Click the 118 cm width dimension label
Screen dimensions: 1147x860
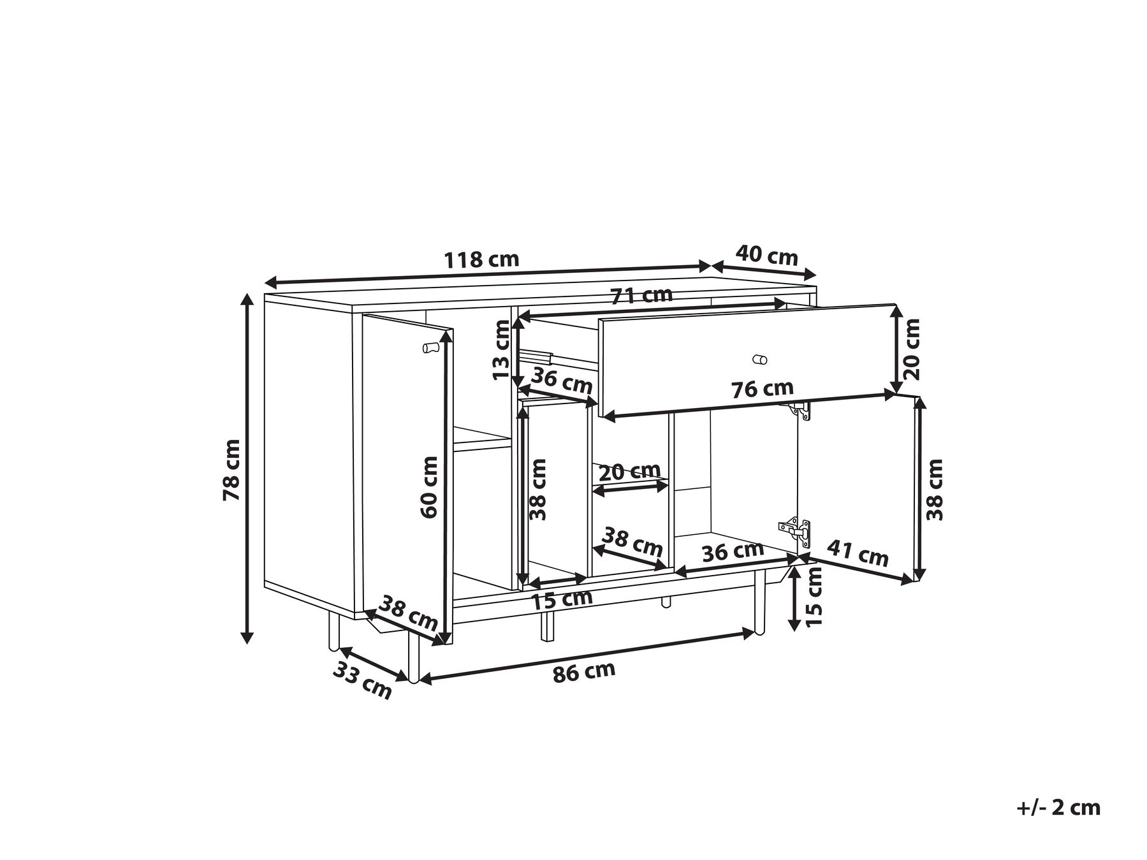tap(481, 259)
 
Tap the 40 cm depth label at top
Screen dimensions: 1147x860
tap(766, 256)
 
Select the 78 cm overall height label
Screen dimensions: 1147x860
tap(231, 470)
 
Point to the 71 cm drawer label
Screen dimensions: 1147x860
tap(641, 296)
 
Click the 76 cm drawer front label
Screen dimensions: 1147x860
tap(763, 389)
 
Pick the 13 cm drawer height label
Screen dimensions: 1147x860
tap(502, 350)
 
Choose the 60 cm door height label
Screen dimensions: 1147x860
tap(429, 487)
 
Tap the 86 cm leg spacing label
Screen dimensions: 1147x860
tap(584, 672)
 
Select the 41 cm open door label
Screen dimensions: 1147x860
tap(858, 553)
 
